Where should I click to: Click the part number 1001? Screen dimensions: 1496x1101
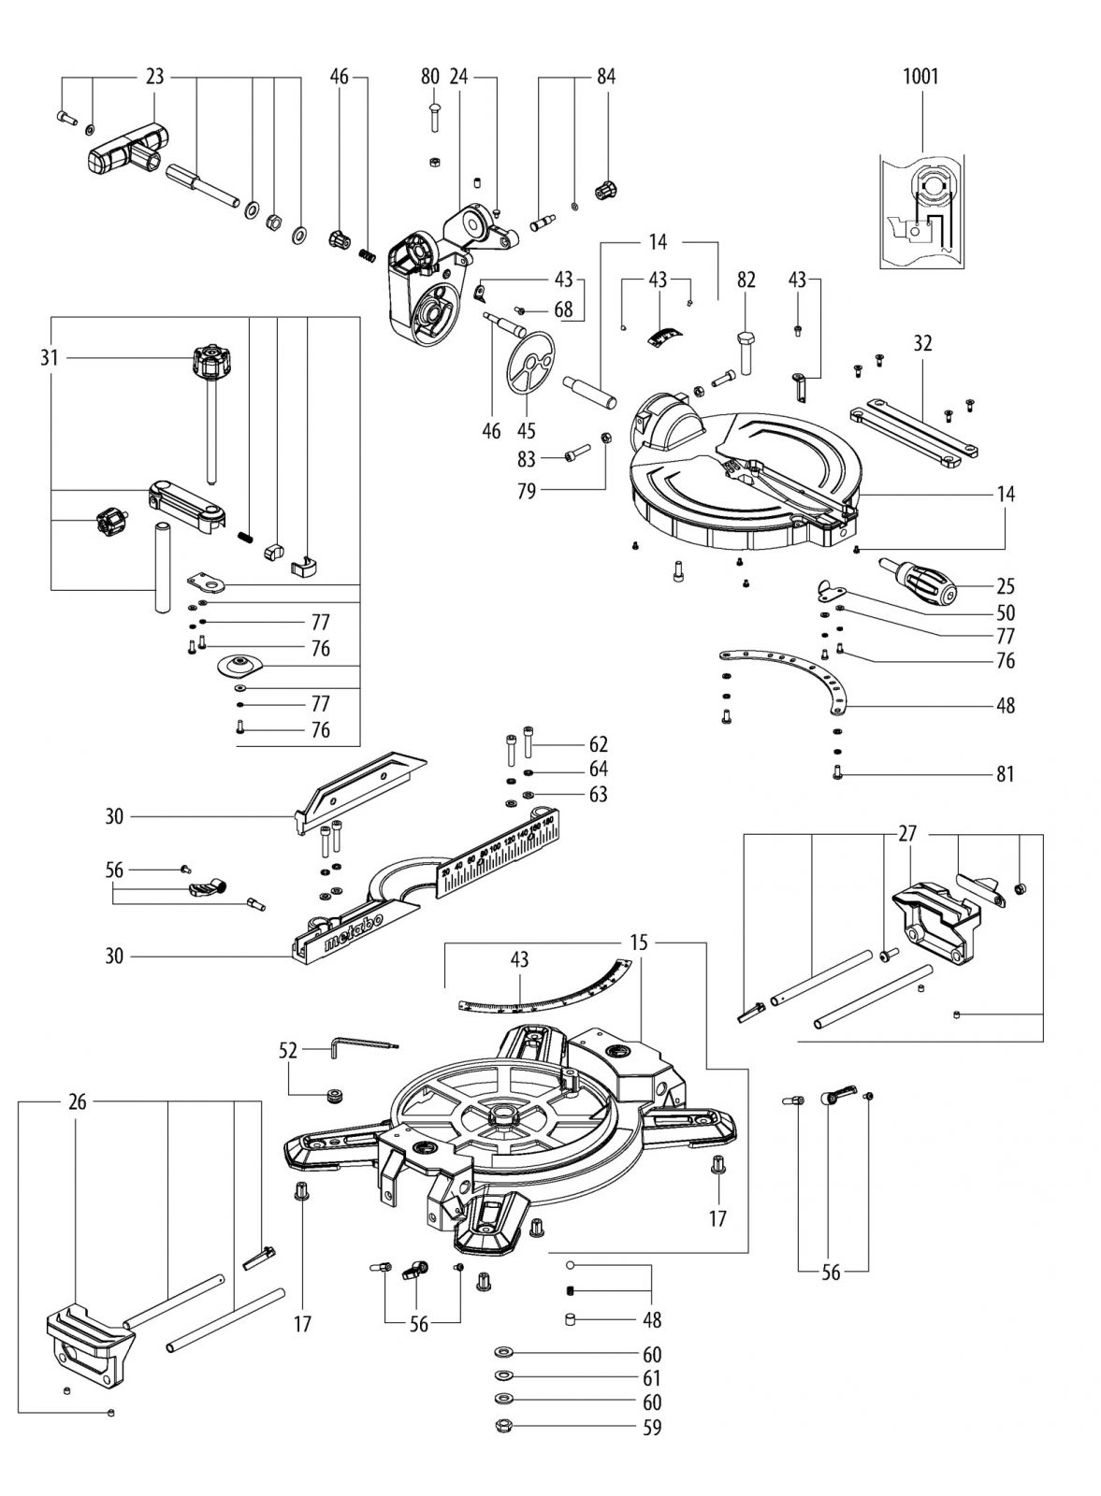[920, 76]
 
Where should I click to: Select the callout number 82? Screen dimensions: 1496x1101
[746, 280]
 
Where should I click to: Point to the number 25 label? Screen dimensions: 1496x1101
[1006, 586]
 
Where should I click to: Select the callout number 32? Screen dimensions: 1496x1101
[922, 344]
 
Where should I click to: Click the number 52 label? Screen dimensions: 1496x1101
[287, 1051]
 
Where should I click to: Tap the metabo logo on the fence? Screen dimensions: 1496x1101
[352, 933]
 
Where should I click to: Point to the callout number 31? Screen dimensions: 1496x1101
[50, 356]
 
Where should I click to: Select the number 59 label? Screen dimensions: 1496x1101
[652, 1428]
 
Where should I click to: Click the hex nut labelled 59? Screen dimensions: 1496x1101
[503, 1427]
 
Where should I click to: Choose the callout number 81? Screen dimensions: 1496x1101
[1006, 774]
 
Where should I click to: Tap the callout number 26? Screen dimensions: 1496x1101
[77, 1103]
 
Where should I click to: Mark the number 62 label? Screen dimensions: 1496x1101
[599, 744]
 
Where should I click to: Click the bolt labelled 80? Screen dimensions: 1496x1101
[434, 121]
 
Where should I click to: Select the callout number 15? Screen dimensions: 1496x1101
[638, 943]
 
